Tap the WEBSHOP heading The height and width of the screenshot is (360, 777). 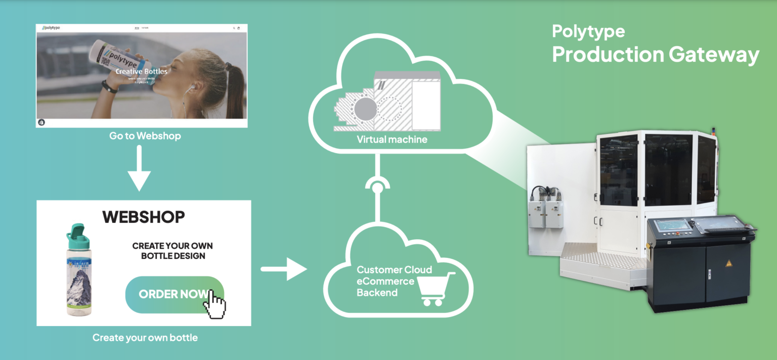[144, 217]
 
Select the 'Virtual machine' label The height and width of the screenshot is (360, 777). [392, 139]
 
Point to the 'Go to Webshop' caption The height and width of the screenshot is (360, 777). [145, 136]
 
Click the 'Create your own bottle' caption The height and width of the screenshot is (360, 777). [145, 337]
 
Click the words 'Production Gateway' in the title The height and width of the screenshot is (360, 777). [655, 54]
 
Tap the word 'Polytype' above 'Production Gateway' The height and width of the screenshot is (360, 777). [588, 31]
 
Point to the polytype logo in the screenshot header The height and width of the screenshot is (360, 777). [51, 28]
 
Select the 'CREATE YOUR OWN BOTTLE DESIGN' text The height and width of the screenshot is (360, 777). [172, 251]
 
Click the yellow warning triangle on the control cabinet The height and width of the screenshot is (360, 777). [729, 263]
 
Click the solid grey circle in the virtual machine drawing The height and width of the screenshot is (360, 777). [365, 109]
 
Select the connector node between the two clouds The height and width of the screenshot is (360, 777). [377, 189]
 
